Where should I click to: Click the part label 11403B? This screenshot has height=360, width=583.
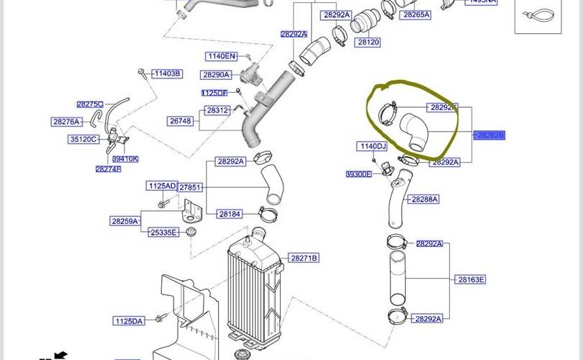tap(167, 73)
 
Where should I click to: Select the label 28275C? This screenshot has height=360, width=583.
tap(90, 104)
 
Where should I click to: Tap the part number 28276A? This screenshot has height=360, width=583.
tap(66, 122)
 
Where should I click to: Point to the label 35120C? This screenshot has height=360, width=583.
tap(83, 139)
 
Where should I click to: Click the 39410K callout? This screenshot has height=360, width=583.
tap(125, 159)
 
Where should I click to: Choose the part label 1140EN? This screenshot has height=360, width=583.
tap(221, 56)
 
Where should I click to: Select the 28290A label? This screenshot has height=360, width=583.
tap(216, 75)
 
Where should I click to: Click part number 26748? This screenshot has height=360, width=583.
tap(180, 121)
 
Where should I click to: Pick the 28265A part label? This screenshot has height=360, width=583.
tap(416, 14)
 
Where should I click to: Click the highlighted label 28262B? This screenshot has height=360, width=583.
tap(490, 135)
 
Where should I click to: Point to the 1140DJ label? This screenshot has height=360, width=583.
tap(372, 146)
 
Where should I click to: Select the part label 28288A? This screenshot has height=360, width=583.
tap(424, 199)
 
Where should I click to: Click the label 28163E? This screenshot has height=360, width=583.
tap(470, 279)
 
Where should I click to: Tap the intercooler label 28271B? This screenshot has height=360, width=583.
tap(304, 258)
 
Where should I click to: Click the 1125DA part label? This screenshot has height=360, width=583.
tap(129, 320)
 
